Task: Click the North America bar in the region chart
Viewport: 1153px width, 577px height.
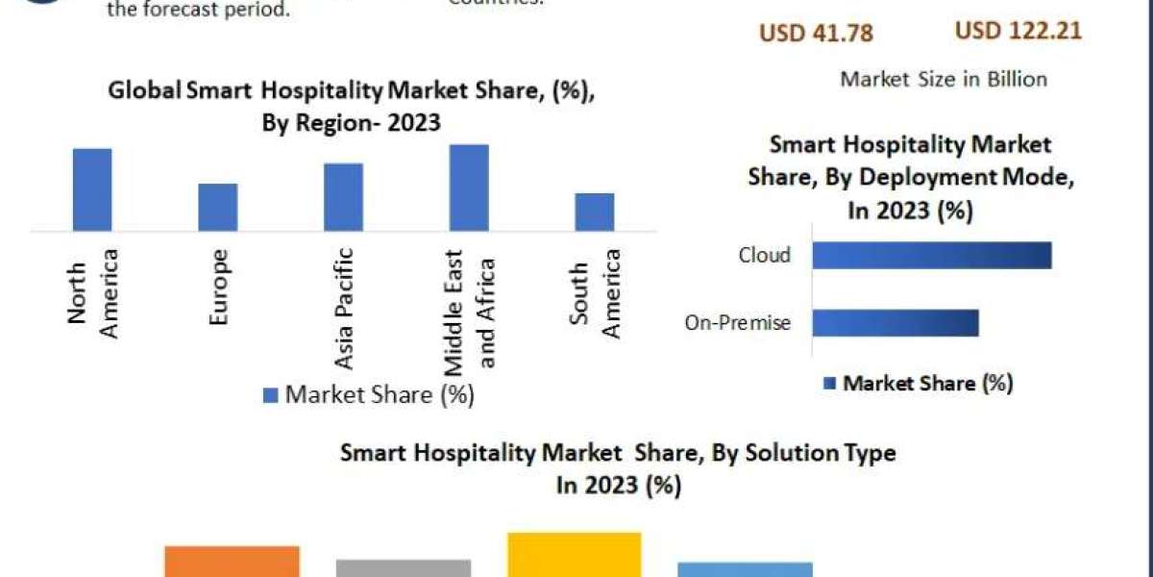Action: pyautogui.click(x=92, y=189)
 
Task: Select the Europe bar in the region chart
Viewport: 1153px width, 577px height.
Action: pyautogui.click(x=218, y=207)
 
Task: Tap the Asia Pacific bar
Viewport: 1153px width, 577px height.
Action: pyautogui.click(x=343, y=197)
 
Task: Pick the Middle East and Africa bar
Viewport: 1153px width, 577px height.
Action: pyautogui.click(x=469, y=188)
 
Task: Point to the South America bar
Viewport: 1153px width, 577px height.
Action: pyautogui.click(x=595, y=212)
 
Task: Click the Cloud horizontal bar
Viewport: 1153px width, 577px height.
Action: pyautogui.click(x=931, y=255)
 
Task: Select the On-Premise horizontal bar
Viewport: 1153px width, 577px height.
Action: pyautogui.click(x=895, y=323)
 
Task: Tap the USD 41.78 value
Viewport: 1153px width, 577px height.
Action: pyautogui.click(x=816, y=34)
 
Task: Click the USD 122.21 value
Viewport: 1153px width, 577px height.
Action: pyautogui.click(x=1018, y=31)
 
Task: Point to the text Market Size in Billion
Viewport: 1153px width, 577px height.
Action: pyautogui.click(x=944, y=79)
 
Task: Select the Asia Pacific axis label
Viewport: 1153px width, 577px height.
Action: pyautogui.click(x=344, y=309)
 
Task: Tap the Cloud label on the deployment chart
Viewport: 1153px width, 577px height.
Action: pyautogui.click(x=765, y=255)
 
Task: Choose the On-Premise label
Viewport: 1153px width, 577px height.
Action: pyautogui.click(x=738, y=323)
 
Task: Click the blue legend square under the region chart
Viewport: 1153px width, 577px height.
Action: pyautogui.click(x=271, y=394)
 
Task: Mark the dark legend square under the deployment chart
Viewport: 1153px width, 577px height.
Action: pyautogui.click(x=829, y=384)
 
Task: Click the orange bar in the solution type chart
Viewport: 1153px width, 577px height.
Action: pyautogui.click(x=232, y=562)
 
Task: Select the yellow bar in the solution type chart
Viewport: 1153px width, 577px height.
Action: pyautogui.click(x=574, y=555)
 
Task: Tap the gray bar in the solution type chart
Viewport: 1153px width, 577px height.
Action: pyautogui.click(x=404, y=567)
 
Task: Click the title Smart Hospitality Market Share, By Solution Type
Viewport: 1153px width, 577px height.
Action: pyautogui.click(x=618, y=453)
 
